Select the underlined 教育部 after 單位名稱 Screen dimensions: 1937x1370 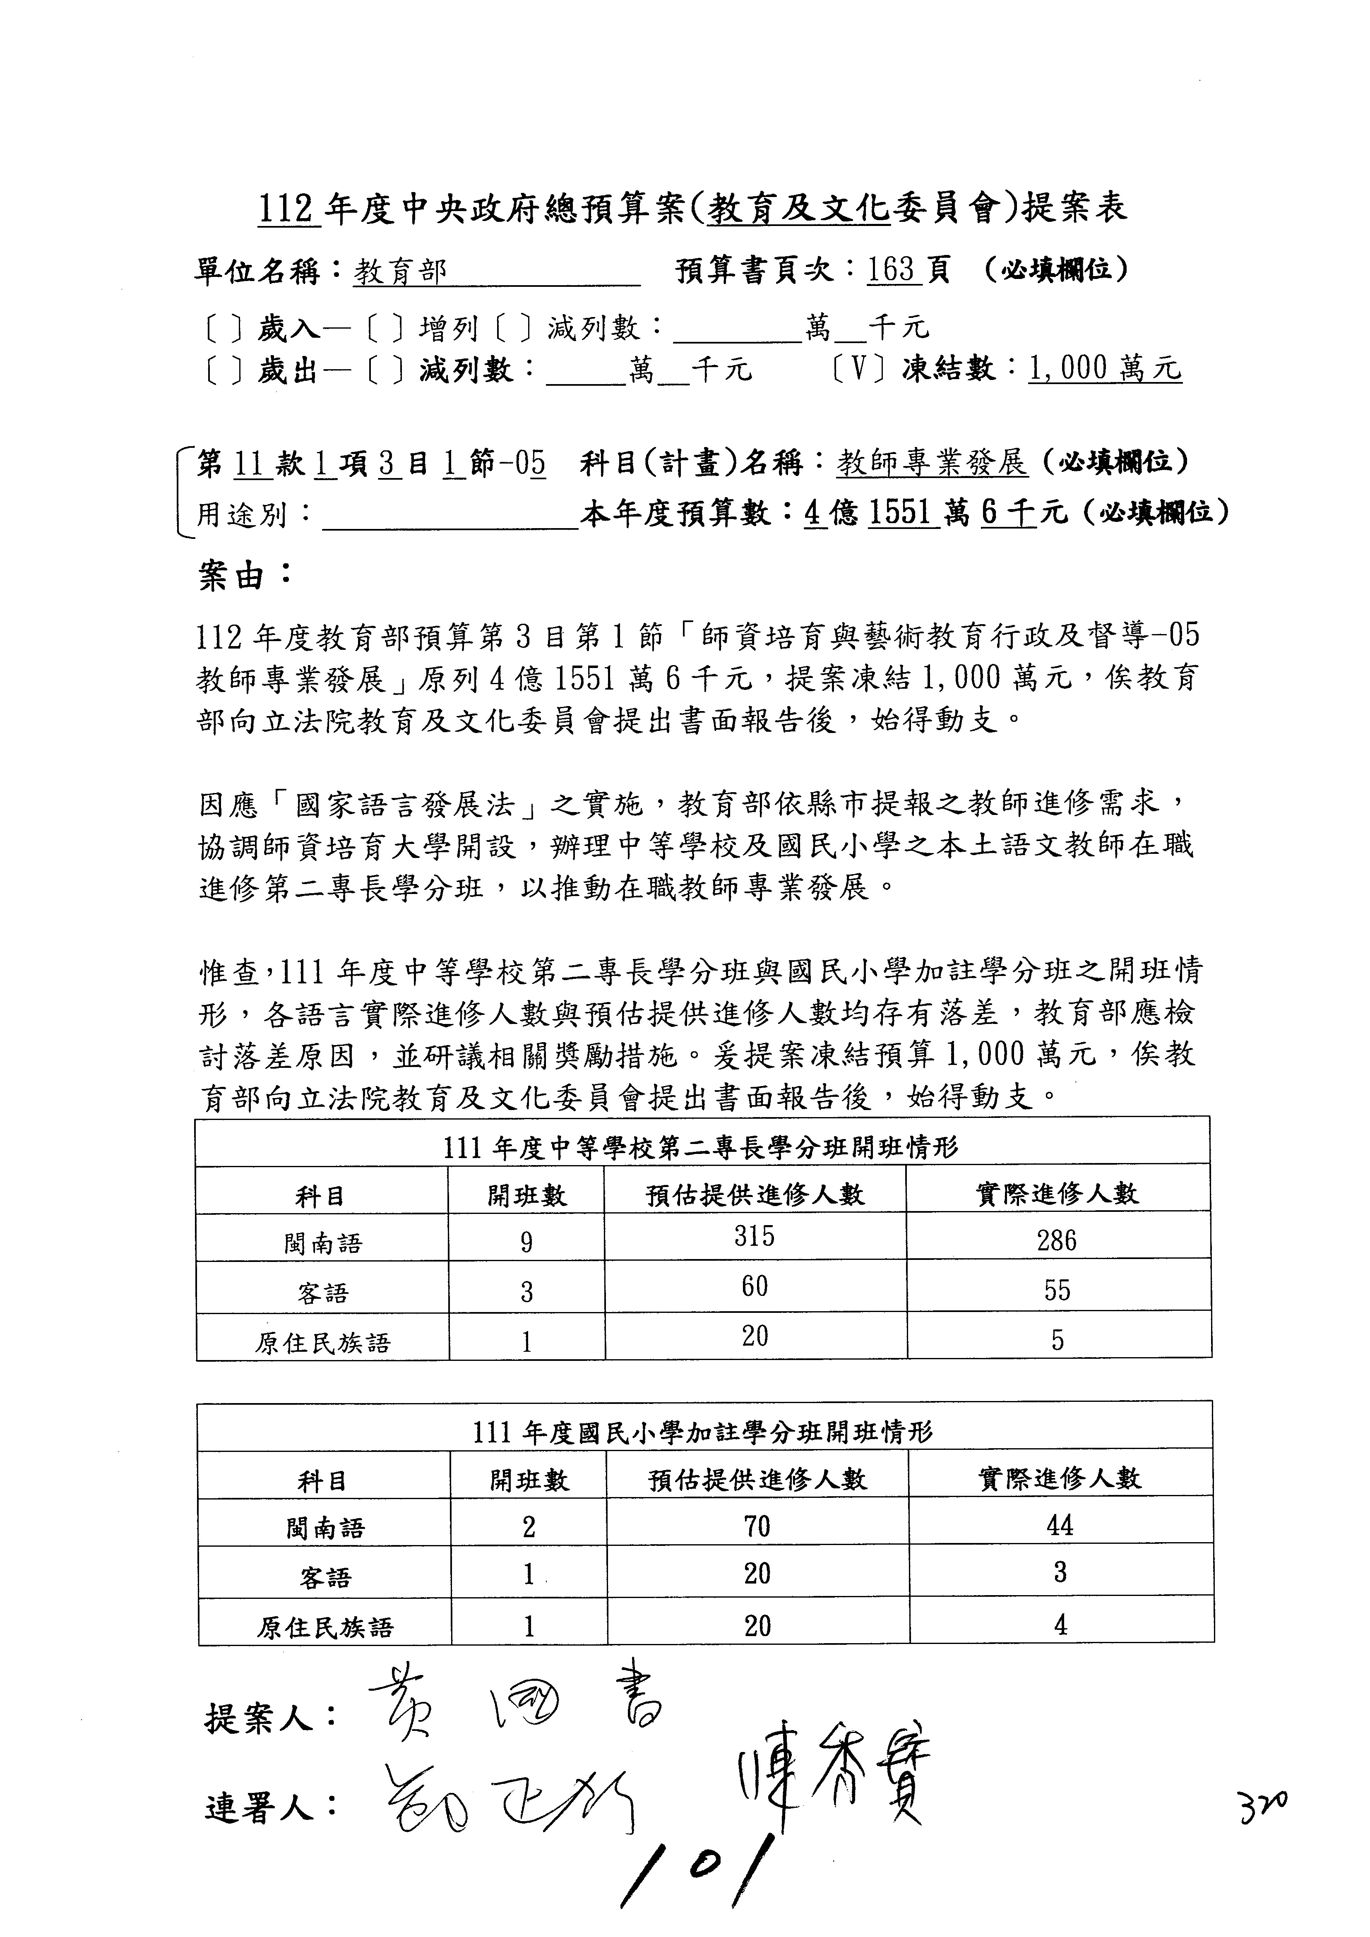(400, 271)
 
